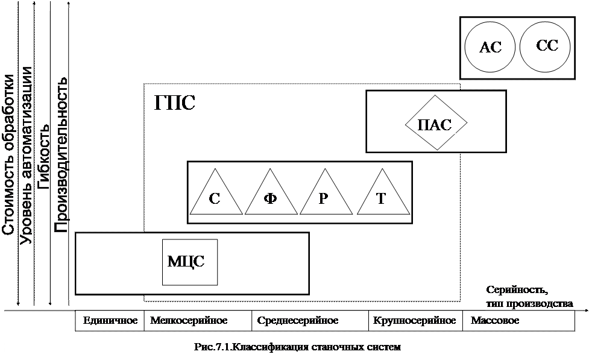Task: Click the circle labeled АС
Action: click(x=490, y=47)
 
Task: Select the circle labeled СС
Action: click(x=546, y=46)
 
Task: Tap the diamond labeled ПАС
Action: click(x=435, y=124)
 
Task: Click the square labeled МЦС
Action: click(x=189, y=262)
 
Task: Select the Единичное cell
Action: click(x=110, y=321)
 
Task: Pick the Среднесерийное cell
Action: click(x=297, y=321)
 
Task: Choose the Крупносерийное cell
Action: click(x=414, y=321)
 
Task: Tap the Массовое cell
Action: click(x=495, y=321)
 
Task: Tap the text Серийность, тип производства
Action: click(x=529, y=297)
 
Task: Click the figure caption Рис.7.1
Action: click(x=297, y=348)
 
